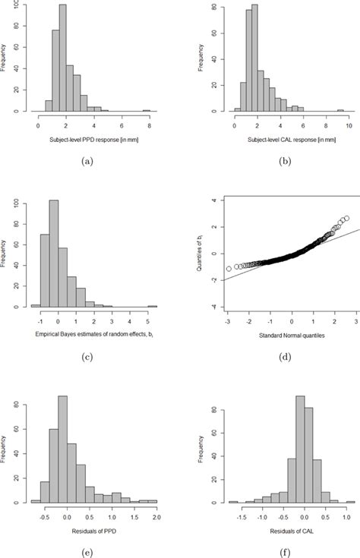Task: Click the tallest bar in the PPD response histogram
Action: pyautogui.click(x=62, y=61)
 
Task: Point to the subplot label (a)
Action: pyautogui.click(x=93, y=162)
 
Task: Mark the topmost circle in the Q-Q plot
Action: pyautogui.click(x=346, y=219)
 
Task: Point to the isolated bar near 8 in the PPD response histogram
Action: pyautogui.click(x=147, y=110)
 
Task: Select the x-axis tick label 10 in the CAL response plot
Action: pyautogui.click(x=349, y=125)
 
